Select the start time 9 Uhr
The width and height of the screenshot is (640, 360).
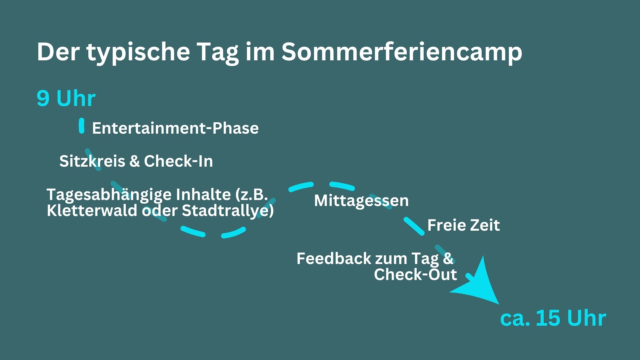(66, 98)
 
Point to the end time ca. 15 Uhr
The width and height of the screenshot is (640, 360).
(553, 318)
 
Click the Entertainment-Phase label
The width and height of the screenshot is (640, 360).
(175, 128)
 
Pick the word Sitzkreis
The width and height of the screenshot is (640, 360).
(92, 161)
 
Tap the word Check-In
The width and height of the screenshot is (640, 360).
(178, 161)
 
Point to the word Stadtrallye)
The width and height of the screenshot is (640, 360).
(228, 211)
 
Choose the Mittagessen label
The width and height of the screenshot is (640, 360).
(361, 201)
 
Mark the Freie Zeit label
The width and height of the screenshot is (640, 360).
(464, 225)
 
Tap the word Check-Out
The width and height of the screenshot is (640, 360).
(415, 274)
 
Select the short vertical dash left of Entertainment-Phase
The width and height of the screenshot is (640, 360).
(82, 126)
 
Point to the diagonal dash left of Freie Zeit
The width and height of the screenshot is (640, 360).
(414, 226)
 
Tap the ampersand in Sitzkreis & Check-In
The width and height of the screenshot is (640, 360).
(134, 161)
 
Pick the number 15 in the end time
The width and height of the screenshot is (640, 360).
(548, 318)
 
